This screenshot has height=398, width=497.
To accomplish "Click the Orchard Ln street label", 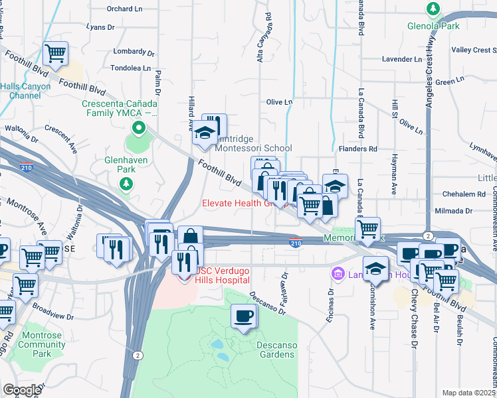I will [x=125, y=9].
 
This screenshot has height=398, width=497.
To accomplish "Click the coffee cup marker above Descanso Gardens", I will [x=243, y=316].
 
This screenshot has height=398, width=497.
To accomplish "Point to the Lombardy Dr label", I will [x=134, y=52].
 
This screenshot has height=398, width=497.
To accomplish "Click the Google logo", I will [x=21, y=390].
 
